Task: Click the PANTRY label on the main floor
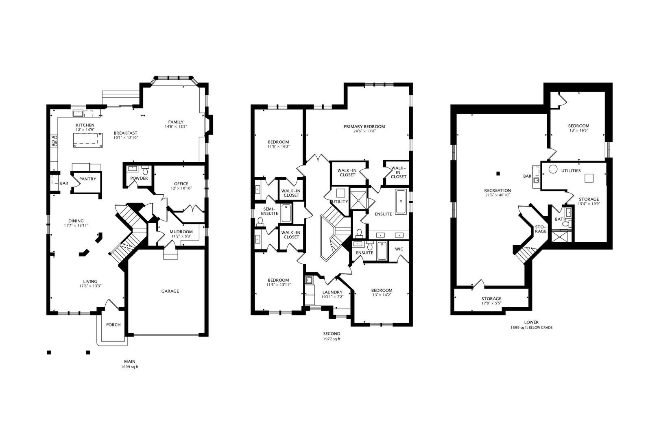tap(88, 179)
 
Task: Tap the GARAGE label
tap(170, 291)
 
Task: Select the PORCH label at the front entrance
tap(113, 325)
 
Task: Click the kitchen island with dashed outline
tap(88, 140)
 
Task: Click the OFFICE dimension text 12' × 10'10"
tap(181, 188)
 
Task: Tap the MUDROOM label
tap(181, 232)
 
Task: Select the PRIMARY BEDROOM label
tap(364, 126)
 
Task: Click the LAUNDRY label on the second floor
tap(332, 292)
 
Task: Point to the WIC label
tap(399, 249)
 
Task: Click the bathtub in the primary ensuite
tap(401, 202)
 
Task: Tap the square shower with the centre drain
tap(359, 199)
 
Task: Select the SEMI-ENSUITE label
tap(269, 211)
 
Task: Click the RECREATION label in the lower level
tap(498, 191)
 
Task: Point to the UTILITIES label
tap(571, 171)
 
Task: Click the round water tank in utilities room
tap(553, 170)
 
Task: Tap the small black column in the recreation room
tap(498, 174)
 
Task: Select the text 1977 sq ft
tap(332, 339)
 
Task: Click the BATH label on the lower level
tap(561, 219)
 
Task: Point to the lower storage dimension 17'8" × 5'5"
tap(491, 303)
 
